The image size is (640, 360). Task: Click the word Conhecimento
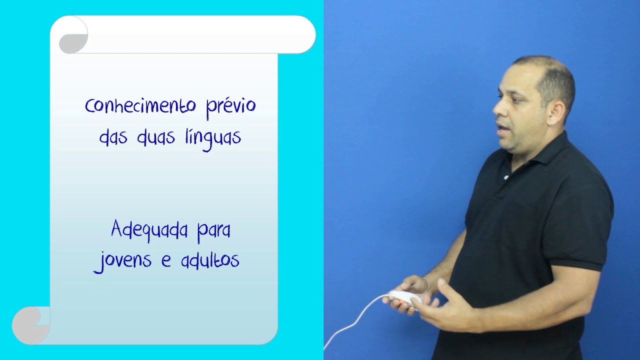pos(140,106)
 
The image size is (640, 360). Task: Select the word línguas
pos(213,137)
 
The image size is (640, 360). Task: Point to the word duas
pos(155,137)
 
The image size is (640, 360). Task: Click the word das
pos(113,137)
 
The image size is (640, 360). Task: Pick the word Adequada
pos(149,230)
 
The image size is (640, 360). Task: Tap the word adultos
pos(210,260)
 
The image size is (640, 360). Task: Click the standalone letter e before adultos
pos(166,261)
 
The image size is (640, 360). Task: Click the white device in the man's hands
pos(405,298)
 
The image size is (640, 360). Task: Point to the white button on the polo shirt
pos(506,177)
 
